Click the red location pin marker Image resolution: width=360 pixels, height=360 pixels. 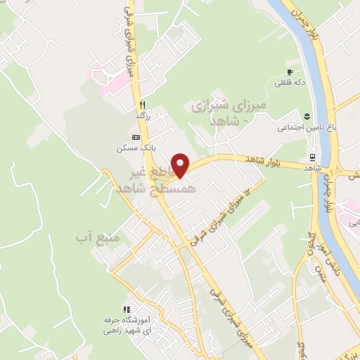pyautogui.click(x=181, y=165)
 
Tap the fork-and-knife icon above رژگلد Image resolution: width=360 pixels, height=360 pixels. pyautogui.click(x=143, y=103)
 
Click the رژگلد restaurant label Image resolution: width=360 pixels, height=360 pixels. pyautogui.click(x=143, y=114)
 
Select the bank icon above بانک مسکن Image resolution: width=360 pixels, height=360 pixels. pyautogui.click(x=135, y=137)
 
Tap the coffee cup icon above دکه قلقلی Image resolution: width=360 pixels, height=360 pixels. pyautogui.click(x=290, y=72)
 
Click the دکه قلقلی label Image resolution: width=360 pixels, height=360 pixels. pyautogui.click(x=290, y=83)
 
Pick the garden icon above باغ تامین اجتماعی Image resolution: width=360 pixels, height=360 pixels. pyautogui.click(x=306, y=116)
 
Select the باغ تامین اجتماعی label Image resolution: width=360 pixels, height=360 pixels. pyautogui.click(x=297, y=127)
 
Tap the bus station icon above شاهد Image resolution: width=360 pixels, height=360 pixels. pyautogui.click(x=311, y=157)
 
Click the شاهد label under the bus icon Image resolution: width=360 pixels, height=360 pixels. pyautogui.click(x=312, y=169)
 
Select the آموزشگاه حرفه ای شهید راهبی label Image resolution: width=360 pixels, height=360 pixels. pyautogui.click(x=127, y=325)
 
